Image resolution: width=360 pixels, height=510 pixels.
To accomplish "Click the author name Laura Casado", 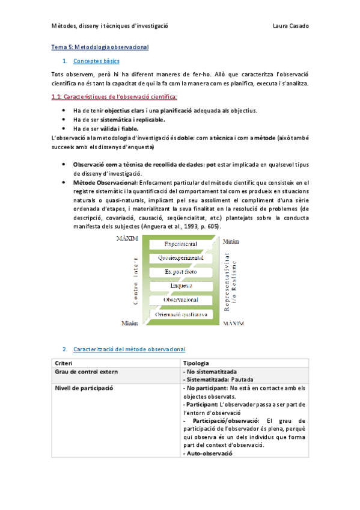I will click(x=290, y=26).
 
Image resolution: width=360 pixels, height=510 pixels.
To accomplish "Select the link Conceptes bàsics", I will click(x=96, y=61).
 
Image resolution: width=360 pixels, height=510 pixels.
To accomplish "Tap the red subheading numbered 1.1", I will click(x=114, y=96).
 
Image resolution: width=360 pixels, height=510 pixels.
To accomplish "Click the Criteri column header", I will click(x=64, y=363).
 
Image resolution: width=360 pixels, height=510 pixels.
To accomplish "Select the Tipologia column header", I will click(x=195, y=363).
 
